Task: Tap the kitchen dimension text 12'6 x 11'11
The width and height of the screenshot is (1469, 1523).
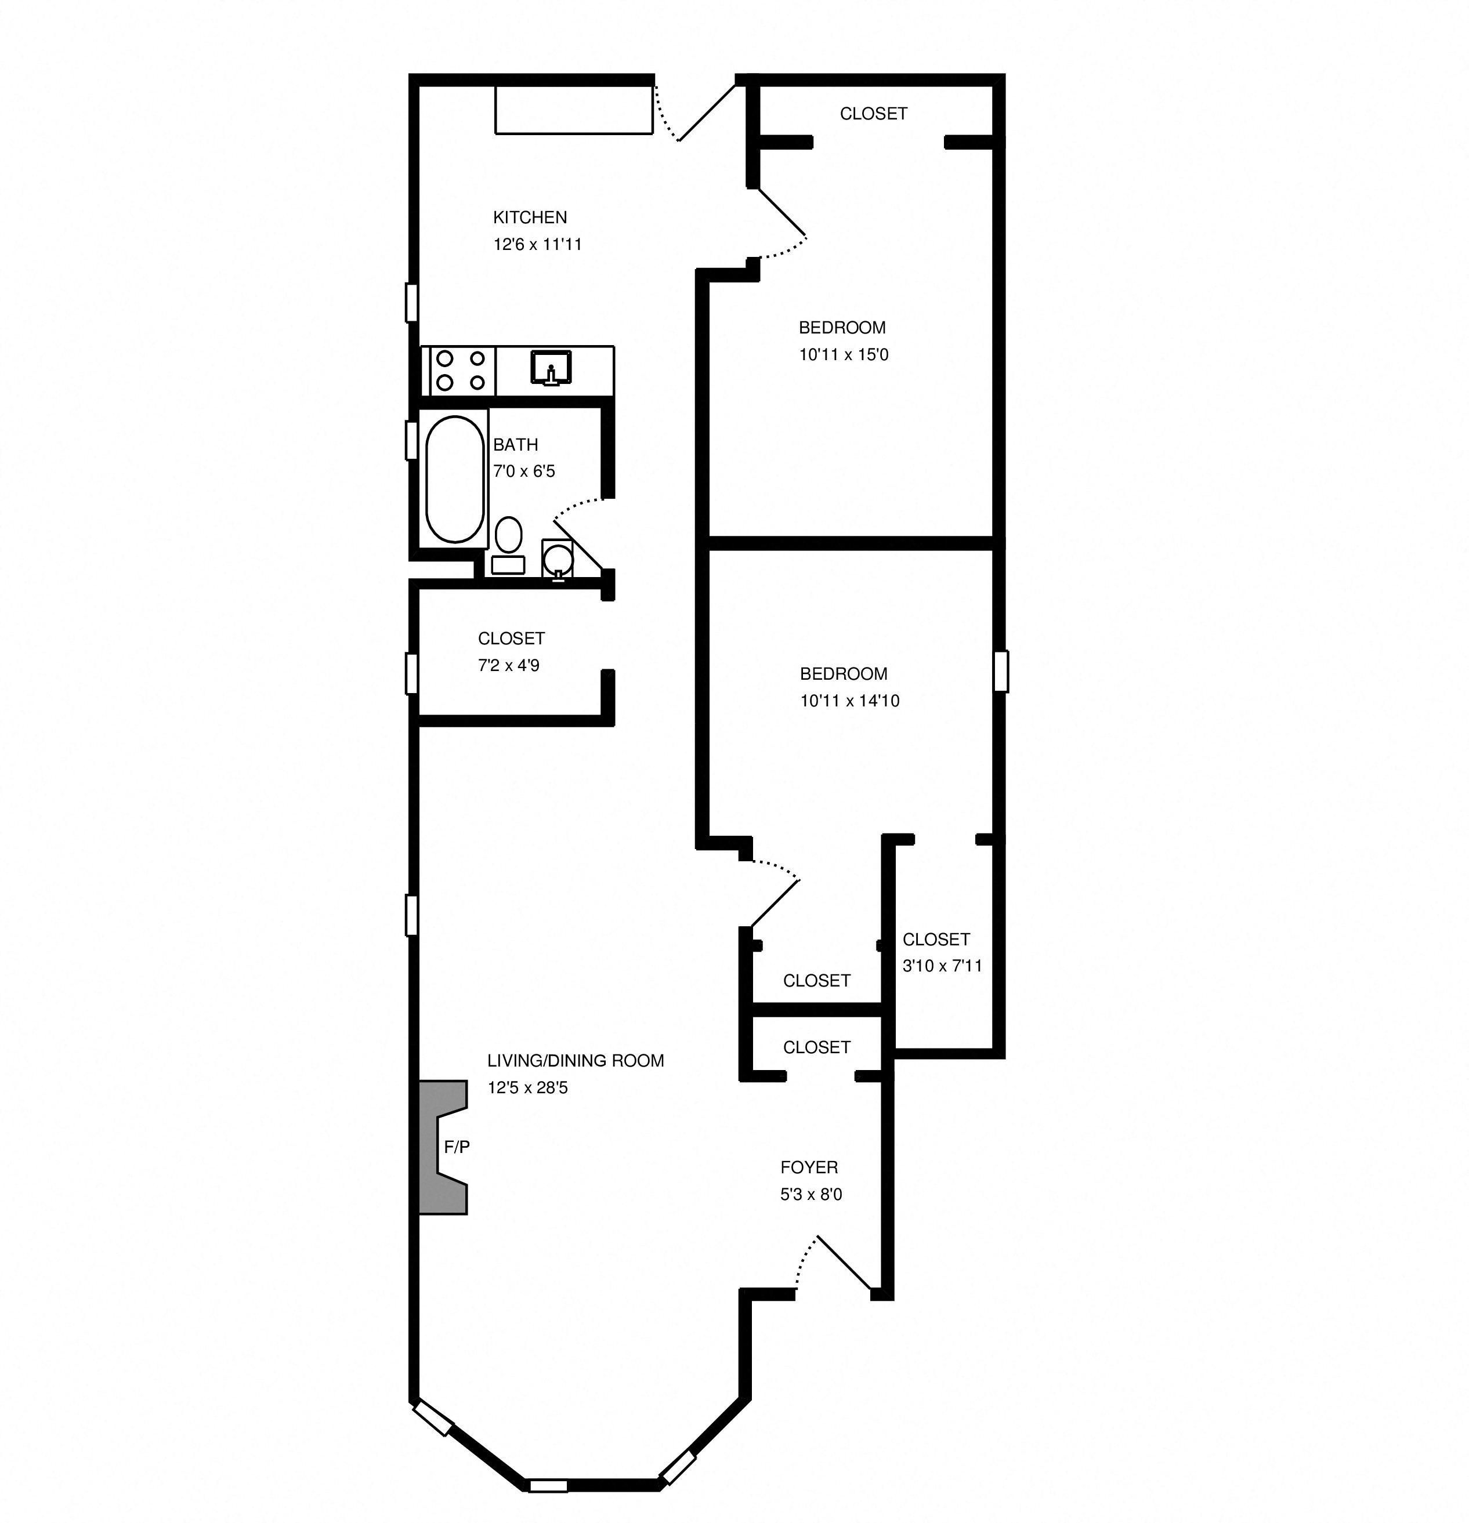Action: [537, 245]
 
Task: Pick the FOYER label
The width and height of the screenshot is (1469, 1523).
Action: [808, 1167]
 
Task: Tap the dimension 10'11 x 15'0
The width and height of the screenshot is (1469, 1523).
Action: [844, 355]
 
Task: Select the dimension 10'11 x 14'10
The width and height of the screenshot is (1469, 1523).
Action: [849, 701]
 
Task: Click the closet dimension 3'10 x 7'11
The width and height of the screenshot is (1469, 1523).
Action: [942, 966]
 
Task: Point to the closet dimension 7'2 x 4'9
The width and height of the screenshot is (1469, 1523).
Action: [508, 665]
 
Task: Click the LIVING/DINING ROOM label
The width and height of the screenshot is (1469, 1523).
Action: [575, 1061]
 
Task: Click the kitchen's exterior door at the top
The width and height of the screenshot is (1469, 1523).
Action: [696, 113]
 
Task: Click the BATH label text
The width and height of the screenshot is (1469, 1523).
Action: [515, 444]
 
